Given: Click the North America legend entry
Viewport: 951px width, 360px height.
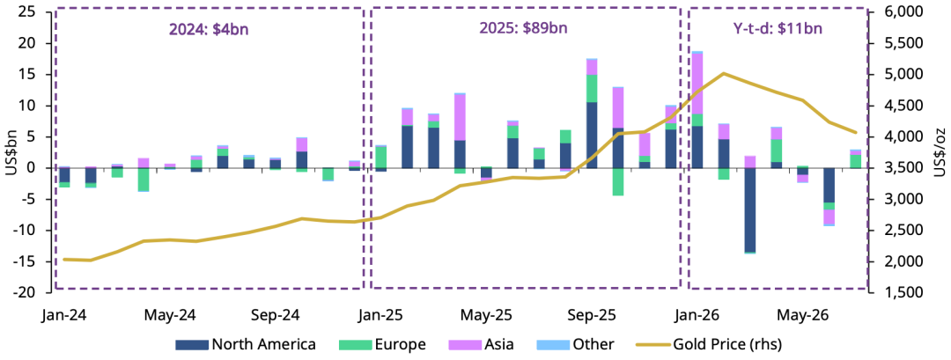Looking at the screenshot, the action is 245,345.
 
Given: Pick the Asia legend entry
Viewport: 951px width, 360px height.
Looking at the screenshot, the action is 482,345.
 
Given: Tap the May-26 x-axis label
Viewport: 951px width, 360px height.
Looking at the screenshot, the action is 794,315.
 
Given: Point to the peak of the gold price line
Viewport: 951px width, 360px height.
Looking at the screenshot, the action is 724,73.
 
